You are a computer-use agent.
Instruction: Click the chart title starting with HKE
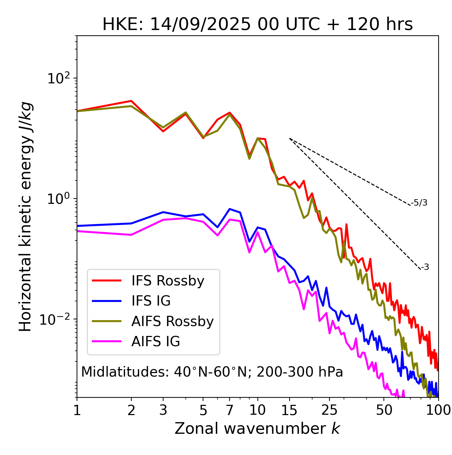[257, 25]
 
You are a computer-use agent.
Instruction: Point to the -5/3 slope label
[419, 203]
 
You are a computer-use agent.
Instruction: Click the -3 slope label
[425, 267]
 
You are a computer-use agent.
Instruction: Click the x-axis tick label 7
[230, 410]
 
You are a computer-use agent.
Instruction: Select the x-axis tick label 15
[289, 410]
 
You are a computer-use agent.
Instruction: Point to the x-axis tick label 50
[384, 410]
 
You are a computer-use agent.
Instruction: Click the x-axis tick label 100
[438, 410]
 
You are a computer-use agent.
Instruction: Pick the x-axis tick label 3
[163, 410]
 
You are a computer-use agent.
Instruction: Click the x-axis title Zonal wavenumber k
[257, 429]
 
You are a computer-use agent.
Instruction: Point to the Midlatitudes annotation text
[212, 372]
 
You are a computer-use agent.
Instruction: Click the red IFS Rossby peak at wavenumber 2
[131, 101]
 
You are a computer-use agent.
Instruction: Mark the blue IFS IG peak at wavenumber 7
[230, 209]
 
